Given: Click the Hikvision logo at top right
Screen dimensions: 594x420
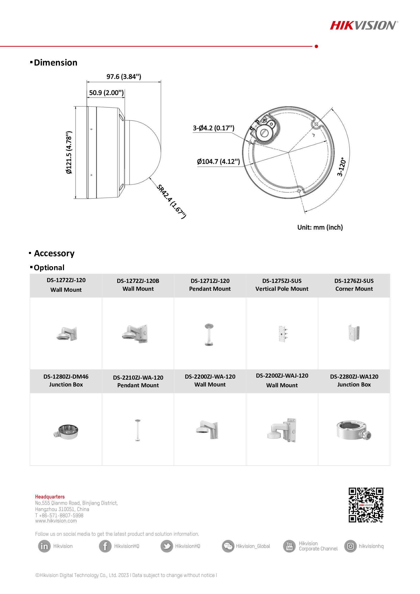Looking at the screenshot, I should pos(364,25).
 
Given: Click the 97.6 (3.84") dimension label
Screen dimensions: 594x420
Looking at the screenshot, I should pos(124,77).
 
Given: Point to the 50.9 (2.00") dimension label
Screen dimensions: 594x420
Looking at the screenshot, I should pos(106,93).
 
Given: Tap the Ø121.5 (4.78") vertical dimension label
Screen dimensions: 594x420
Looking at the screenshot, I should pos(69,152).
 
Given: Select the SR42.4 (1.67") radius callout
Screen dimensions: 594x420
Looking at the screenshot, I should pos(171,201).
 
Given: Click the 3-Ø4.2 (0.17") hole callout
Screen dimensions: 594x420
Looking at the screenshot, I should pos(213,128).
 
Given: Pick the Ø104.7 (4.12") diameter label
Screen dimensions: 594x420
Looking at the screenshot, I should pos(218,162).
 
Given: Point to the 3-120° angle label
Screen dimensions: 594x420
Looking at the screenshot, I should pos(341,167).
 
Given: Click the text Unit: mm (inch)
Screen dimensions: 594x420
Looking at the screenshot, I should pos(320,227).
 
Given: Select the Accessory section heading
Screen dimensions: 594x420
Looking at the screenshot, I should pos(54,253).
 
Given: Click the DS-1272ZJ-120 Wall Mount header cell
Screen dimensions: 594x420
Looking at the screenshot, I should pos(66,285).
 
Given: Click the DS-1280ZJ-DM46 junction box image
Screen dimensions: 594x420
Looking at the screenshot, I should pos(66,431).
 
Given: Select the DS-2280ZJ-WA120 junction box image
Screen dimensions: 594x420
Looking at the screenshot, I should pos(354,430).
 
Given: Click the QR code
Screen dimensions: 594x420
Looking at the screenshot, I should pos(366,505).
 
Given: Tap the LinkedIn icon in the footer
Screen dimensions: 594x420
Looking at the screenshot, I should pos(44,546).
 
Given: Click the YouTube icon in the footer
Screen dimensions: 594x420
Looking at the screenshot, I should pos(289,546).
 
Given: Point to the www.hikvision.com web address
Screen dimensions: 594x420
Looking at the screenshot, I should pos(56,521).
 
